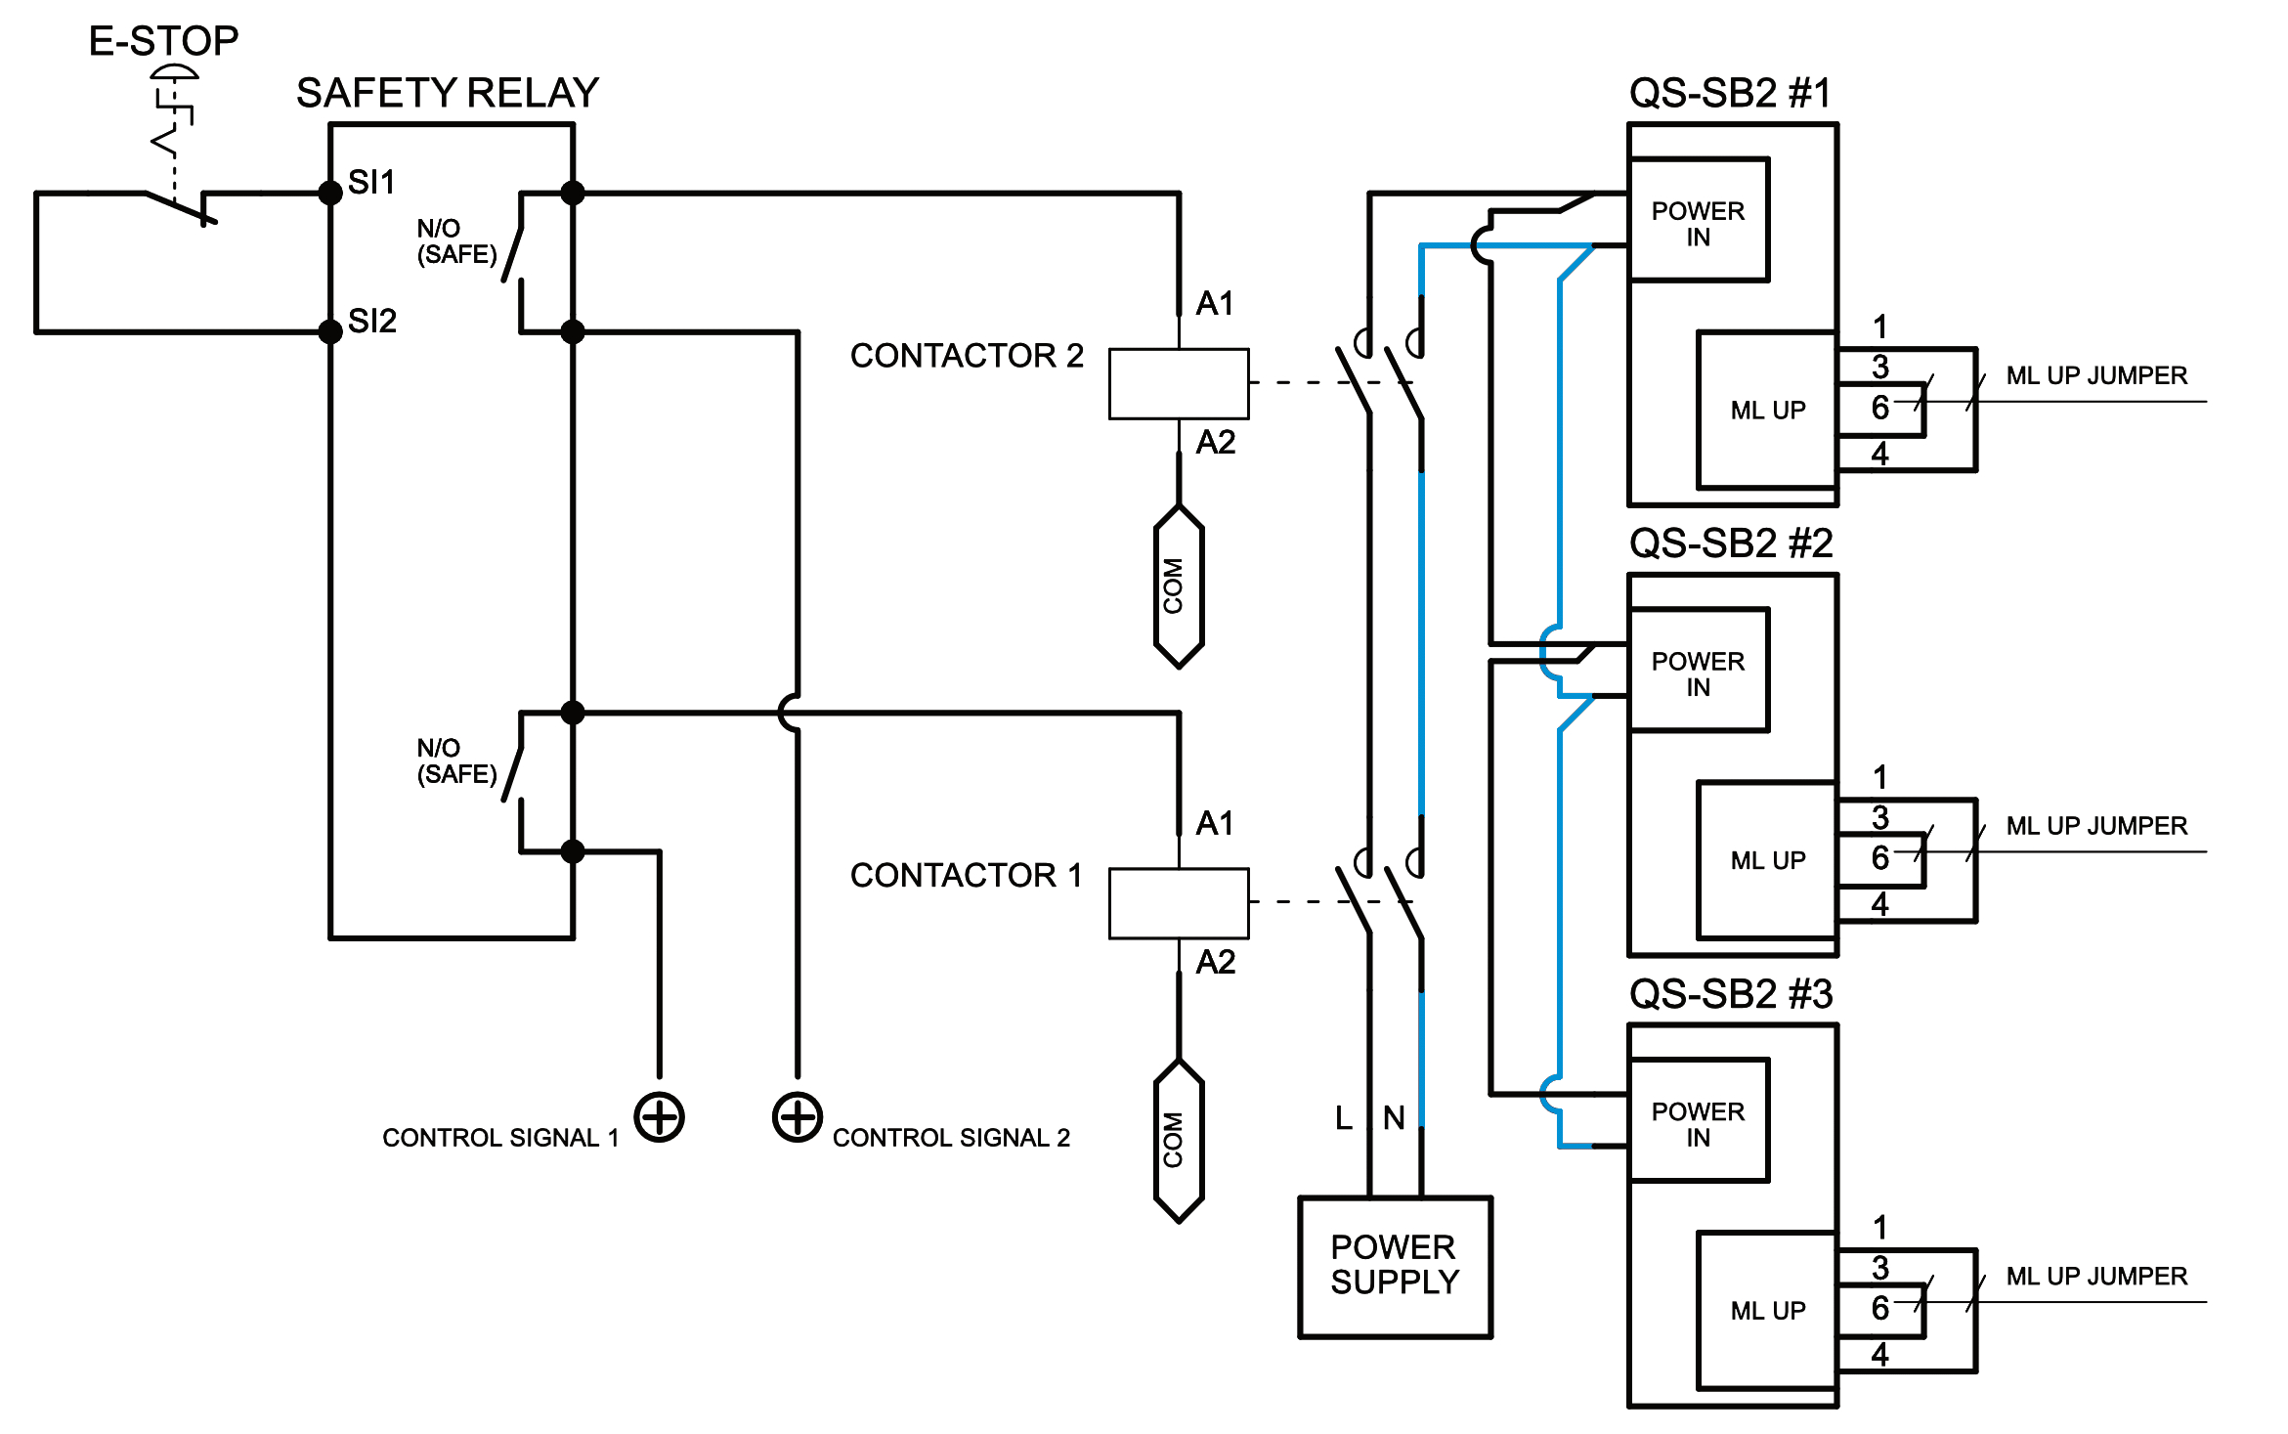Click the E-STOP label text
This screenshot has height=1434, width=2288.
(x=163, y=41)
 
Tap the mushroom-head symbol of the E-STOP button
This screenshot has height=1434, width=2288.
(x=174, y=72)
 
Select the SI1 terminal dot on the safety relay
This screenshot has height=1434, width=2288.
(x=330, y=193)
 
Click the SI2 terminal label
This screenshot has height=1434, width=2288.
(x=372, y=321)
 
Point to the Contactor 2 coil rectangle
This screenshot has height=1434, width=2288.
(x=1178, y=383)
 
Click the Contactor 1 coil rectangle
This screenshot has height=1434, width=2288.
(x=1178, y=902)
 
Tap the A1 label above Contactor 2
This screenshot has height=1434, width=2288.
(x=1215, y=303)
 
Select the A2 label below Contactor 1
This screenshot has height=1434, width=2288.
(x=1215, y=962)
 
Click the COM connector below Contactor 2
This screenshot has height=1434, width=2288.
(x=1178, y=587)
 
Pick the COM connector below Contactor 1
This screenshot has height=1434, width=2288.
(x=1178, y=1140)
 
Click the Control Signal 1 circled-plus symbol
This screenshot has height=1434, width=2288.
(x=660, y=1116)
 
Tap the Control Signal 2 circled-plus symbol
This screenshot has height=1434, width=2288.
(x=798, y=1116)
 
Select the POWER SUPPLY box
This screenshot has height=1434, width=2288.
(x=1395, y=1266)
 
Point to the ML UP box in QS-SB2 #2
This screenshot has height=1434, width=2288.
(x=1767, y=860)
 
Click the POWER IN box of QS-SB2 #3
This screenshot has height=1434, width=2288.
(x=1699, y=1122)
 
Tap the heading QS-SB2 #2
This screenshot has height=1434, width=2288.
(x=1731, y=543)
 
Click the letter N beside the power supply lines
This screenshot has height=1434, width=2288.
(x=1394, y=1117)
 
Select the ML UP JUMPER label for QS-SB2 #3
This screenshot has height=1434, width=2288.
(x=2096, y=1276)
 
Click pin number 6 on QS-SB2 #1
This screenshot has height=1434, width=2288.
(x=1880, y=408)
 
